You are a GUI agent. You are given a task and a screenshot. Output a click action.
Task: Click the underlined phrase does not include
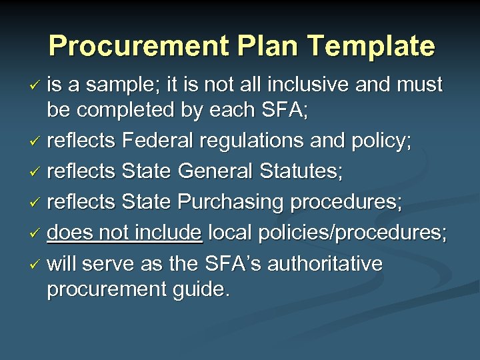[125, 233]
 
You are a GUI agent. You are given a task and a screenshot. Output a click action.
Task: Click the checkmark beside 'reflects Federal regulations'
[37, 142]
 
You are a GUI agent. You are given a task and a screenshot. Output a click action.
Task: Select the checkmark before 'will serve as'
[37, 265]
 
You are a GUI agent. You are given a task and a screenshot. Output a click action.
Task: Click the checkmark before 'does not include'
[37, 234]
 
